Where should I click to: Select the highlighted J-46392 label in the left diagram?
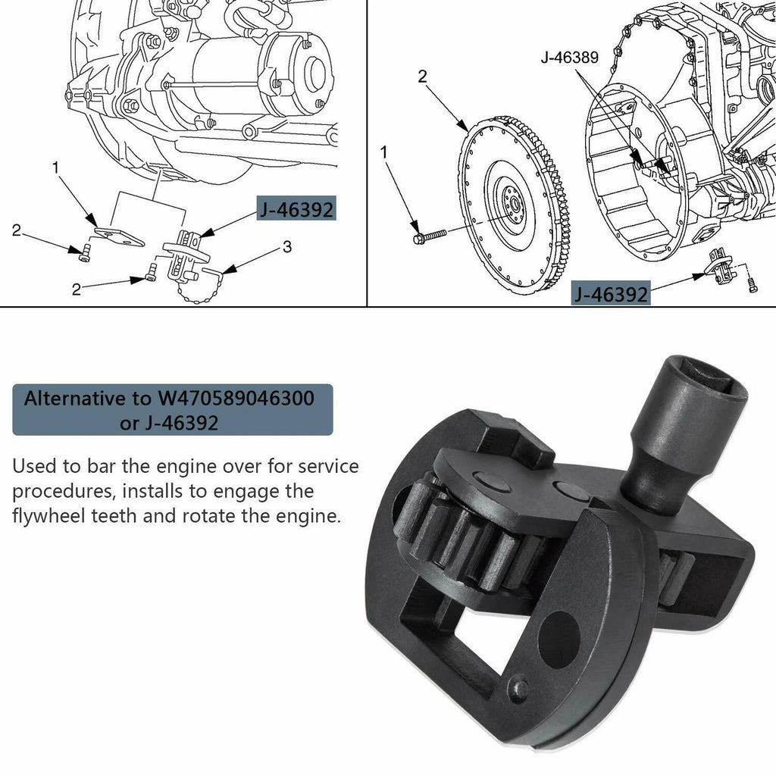click(x=296, y=210)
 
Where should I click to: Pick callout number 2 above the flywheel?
click(x=422, y=77)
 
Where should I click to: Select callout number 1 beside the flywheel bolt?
click(x=384, y=152)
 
